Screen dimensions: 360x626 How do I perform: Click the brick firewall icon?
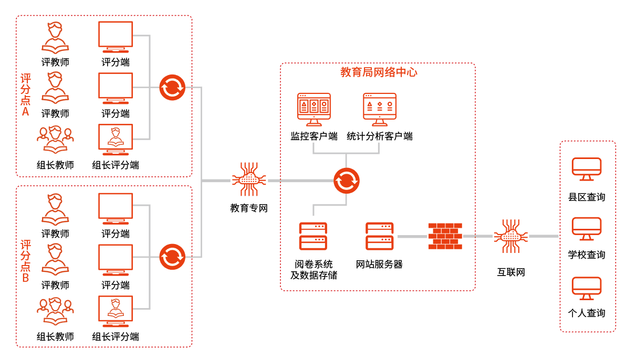445,237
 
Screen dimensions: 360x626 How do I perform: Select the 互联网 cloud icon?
510,236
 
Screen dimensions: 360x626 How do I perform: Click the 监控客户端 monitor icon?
314,109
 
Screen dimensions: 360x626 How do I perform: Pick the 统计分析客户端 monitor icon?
379,109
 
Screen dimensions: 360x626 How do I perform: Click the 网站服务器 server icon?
379,236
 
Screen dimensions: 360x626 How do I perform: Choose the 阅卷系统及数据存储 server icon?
313,236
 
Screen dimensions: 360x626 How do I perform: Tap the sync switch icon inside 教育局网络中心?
346,181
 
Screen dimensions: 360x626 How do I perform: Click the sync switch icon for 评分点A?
172,87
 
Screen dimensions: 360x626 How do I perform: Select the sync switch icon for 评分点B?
172,257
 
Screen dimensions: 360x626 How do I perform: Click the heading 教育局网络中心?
379,72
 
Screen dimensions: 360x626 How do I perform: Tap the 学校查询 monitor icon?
587,229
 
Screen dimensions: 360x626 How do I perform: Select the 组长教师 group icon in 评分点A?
55,140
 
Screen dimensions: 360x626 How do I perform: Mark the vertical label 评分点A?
25,95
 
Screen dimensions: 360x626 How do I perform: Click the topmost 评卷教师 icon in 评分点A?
55,37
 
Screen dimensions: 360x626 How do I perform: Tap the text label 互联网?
510,272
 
